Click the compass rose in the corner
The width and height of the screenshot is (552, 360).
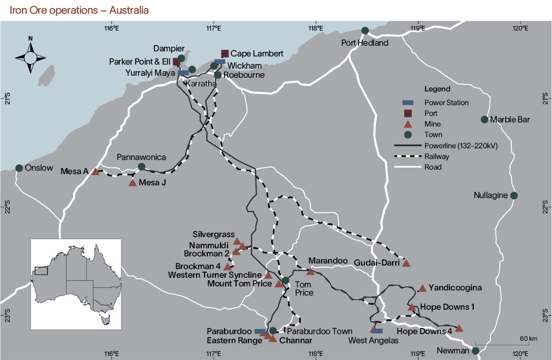coord(30,57)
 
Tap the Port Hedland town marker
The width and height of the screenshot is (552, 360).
coord(365,31)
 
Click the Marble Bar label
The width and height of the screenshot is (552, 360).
coord(511,120)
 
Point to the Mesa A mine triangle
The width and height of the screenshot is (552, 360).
coord(95,172)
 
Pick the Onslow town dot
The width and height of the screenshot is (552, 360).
coord(19,168)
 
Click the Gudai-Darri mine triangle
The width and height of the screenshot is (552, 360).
coord(406,263)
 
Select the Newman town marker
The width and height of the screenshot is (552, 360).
coord(476,351)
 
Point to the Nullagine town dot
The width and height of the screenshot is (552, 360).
coord(514,195)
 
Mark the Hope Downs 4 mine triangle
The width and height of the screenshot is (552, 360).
coord(459,329)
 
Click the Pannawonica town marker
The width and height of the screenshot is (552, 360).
coord(142,167)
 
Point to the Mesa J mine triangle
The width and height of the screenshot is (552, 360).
coord(133,183)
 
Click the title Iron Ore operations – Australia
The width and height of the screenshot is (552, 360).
coord(79,10)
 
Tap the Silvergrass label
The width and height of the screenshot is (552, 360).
coord(213,235)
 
